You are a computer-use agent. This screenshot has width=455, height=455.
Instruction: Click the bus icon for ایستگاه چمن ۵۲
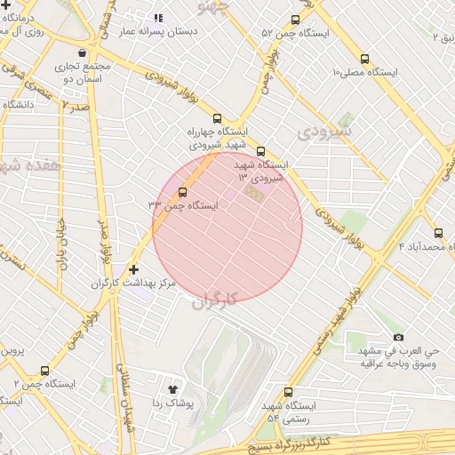click(295, 20)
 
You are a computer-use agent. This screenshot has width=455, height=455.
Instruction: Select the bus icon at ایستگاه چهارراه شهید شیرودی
click(217, 119)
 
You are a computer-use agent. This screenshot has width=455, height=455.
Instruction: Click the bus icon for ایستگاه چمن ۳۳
click(183, 192)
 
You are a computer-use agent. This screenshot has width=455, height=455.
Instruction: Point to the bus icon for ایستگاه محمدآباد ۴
click(438, 233)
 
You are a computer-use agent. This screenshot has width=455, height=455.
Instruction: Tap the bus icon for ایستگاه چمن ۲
click(44, 371)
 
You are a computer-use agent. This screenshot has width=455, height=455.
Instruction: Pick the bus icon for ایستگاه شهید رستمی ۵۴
click(288, 392)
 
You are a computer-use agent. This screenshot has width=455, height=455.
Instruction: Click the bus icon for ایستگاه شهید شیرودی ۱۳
click(260, 151)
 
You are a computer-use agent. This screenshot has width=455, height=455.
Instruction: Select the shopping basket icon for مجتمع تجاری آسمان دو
click(83, 52)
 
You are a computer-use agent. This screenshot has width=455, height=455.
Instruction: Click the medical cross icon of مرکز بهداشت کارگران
click(133, 268)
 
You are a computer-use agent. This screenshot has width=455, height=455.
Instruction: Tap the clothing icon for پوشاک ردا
click(173, 388)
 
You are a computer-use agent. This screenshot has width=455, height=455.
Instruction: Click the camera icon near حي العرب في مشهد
click(398, 337)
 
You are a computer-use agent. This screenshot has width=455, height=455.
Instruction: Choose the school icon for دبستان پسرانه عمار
click(158, 17)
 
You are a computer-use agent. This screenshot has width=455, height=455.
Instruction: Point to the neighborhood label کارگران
click(215, 300)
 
